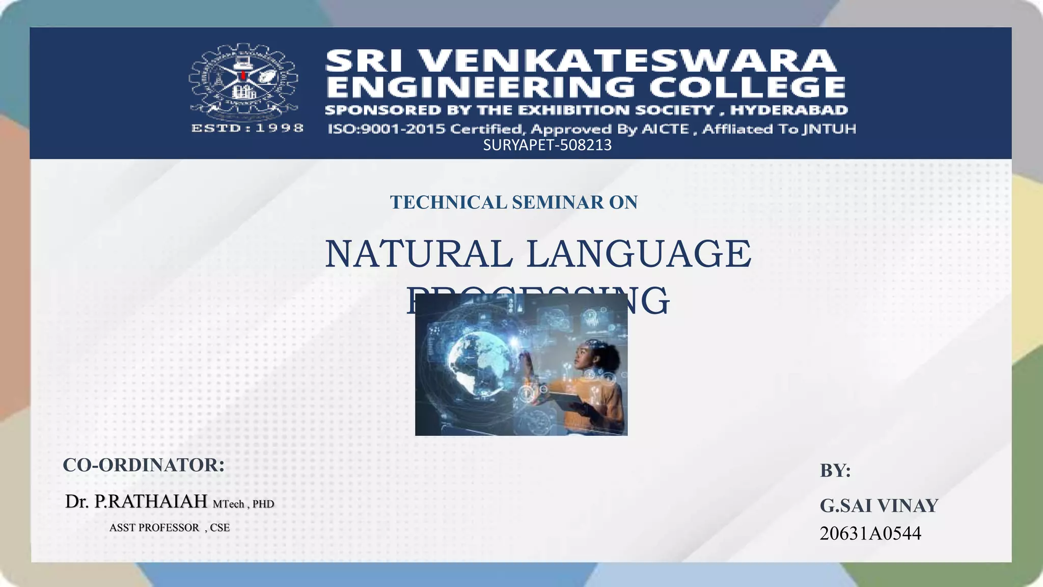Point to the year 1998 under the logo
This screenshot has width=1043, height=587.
pos(280,128)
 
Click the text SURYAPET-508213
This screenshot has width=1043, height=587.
pos(547,146)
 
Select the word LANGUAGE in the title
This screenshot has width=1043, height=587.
pos(639,254)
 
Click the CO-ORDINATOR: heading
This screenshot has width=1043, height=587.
pos(144,465)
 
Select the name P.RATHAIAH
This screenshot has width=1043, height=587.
pos(151,502)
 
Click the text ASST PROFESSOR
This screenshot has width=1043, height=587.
pos(154,528)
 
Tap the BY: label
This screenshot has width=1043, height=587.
pos(835,471)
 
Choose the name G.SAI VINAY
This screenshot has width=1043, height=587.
pos(879,506)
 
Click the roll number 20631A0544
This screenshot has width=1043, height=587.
pos(870,533)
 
